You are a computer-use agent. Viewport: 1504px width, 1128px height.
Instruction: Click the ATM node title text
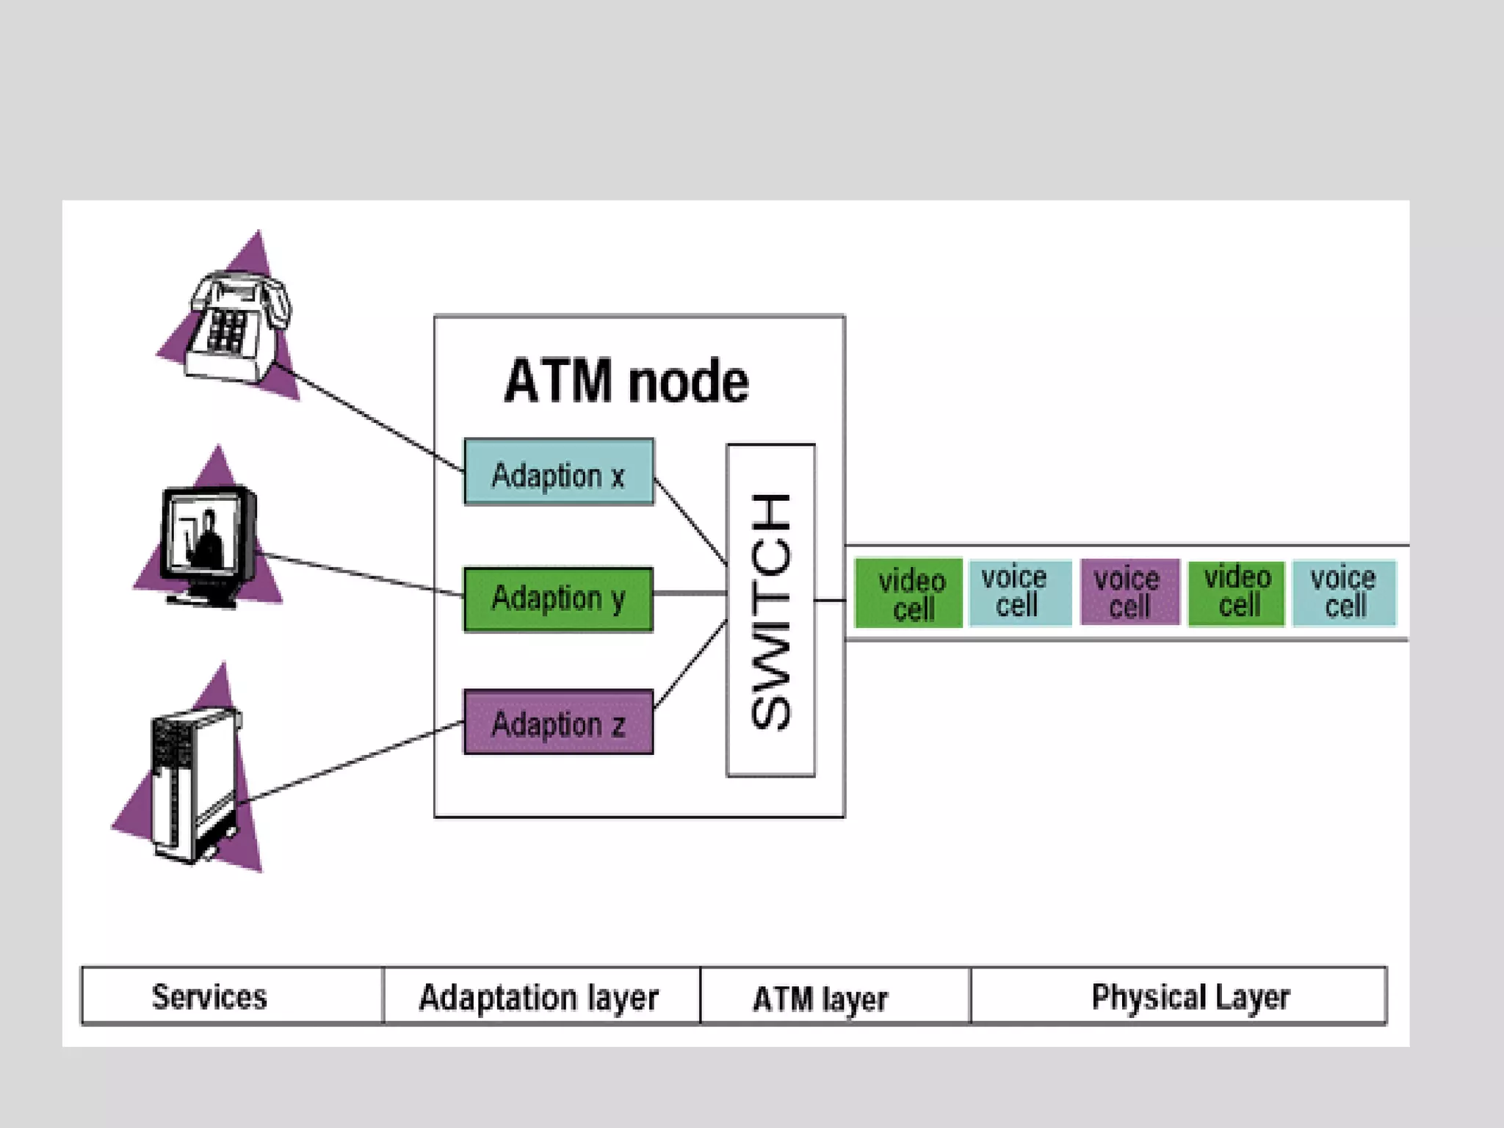click(x=626, y=381)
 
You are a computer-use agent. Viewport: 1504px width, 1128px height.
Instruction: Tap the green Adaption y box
click(x=558, y=599)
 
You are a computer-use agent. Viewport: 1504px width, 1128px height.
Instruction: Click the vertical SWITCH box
click(x=770, y=610)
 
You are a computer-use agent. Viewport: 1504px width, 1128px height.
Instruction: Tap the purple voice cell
click(x=1129, y=593)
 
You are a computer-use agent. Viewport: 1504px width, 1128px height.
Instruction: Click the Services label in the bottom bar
click(x=209, y=997)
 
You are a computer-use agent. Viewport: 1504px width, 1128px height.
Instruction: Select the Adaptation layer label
click(x=538, y=997)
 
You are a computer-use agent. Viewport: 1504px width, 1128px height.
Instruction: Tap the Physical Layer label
click(x=1190, y=997)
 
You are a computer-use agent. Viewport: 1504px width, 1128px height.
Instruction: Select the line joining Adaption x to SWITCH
click(x=690, y=521)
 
